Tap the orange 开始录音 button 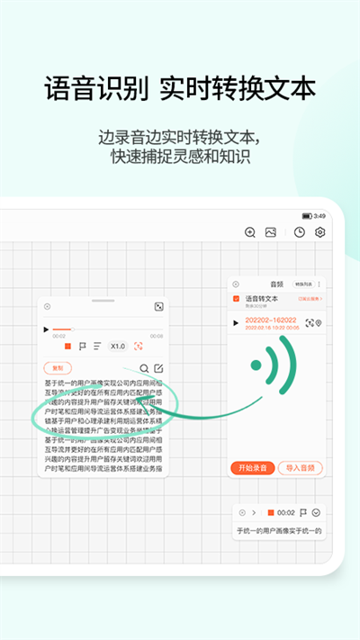(x=252, y=467)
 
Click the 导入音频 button (x=300, y=467)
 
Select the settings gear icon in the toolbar (x=319, y=232)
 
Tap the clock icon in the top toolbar (x=299, y=232)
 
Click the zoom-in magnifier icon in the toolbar (x=250, y=232)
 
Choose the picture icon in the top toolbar (x=270, y=232)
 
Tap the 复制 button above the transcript (x=58, y=367)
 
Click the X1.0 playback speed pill (x=118, y=346)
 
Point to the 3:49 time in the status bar (x=320, y=216)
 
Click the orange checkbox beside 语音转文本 (x=237, y=298)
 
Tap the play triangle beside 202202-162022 (x=236, y=322)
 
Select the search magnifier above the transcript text (x=144, y=367)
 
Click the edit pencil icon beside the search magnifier (x=158, y=367)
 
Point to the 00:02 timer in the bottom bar (x=285, y=512)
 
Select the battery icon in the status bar (x=307, y=216)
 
